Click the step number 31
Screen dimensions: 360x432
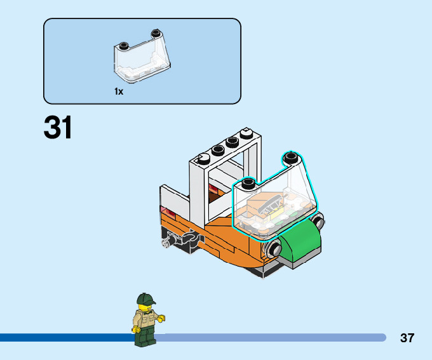(x=58, y=128)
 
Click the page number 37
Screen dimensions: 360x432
(x=407, y=338)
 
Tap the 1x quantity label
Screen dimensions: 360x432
(x=119, y=91)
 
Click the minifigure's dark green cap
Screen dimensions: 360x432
(x=145, y=299)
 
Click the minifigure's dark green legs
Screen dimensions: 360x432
(x=145, y=338)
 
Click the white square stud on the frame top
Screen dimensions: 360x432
(x=246, y=133)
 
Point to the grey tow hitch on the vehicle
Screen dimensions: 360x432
(x=170, y=241)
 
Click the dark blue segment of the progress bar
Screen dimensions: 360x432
(x=64, y=338)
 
